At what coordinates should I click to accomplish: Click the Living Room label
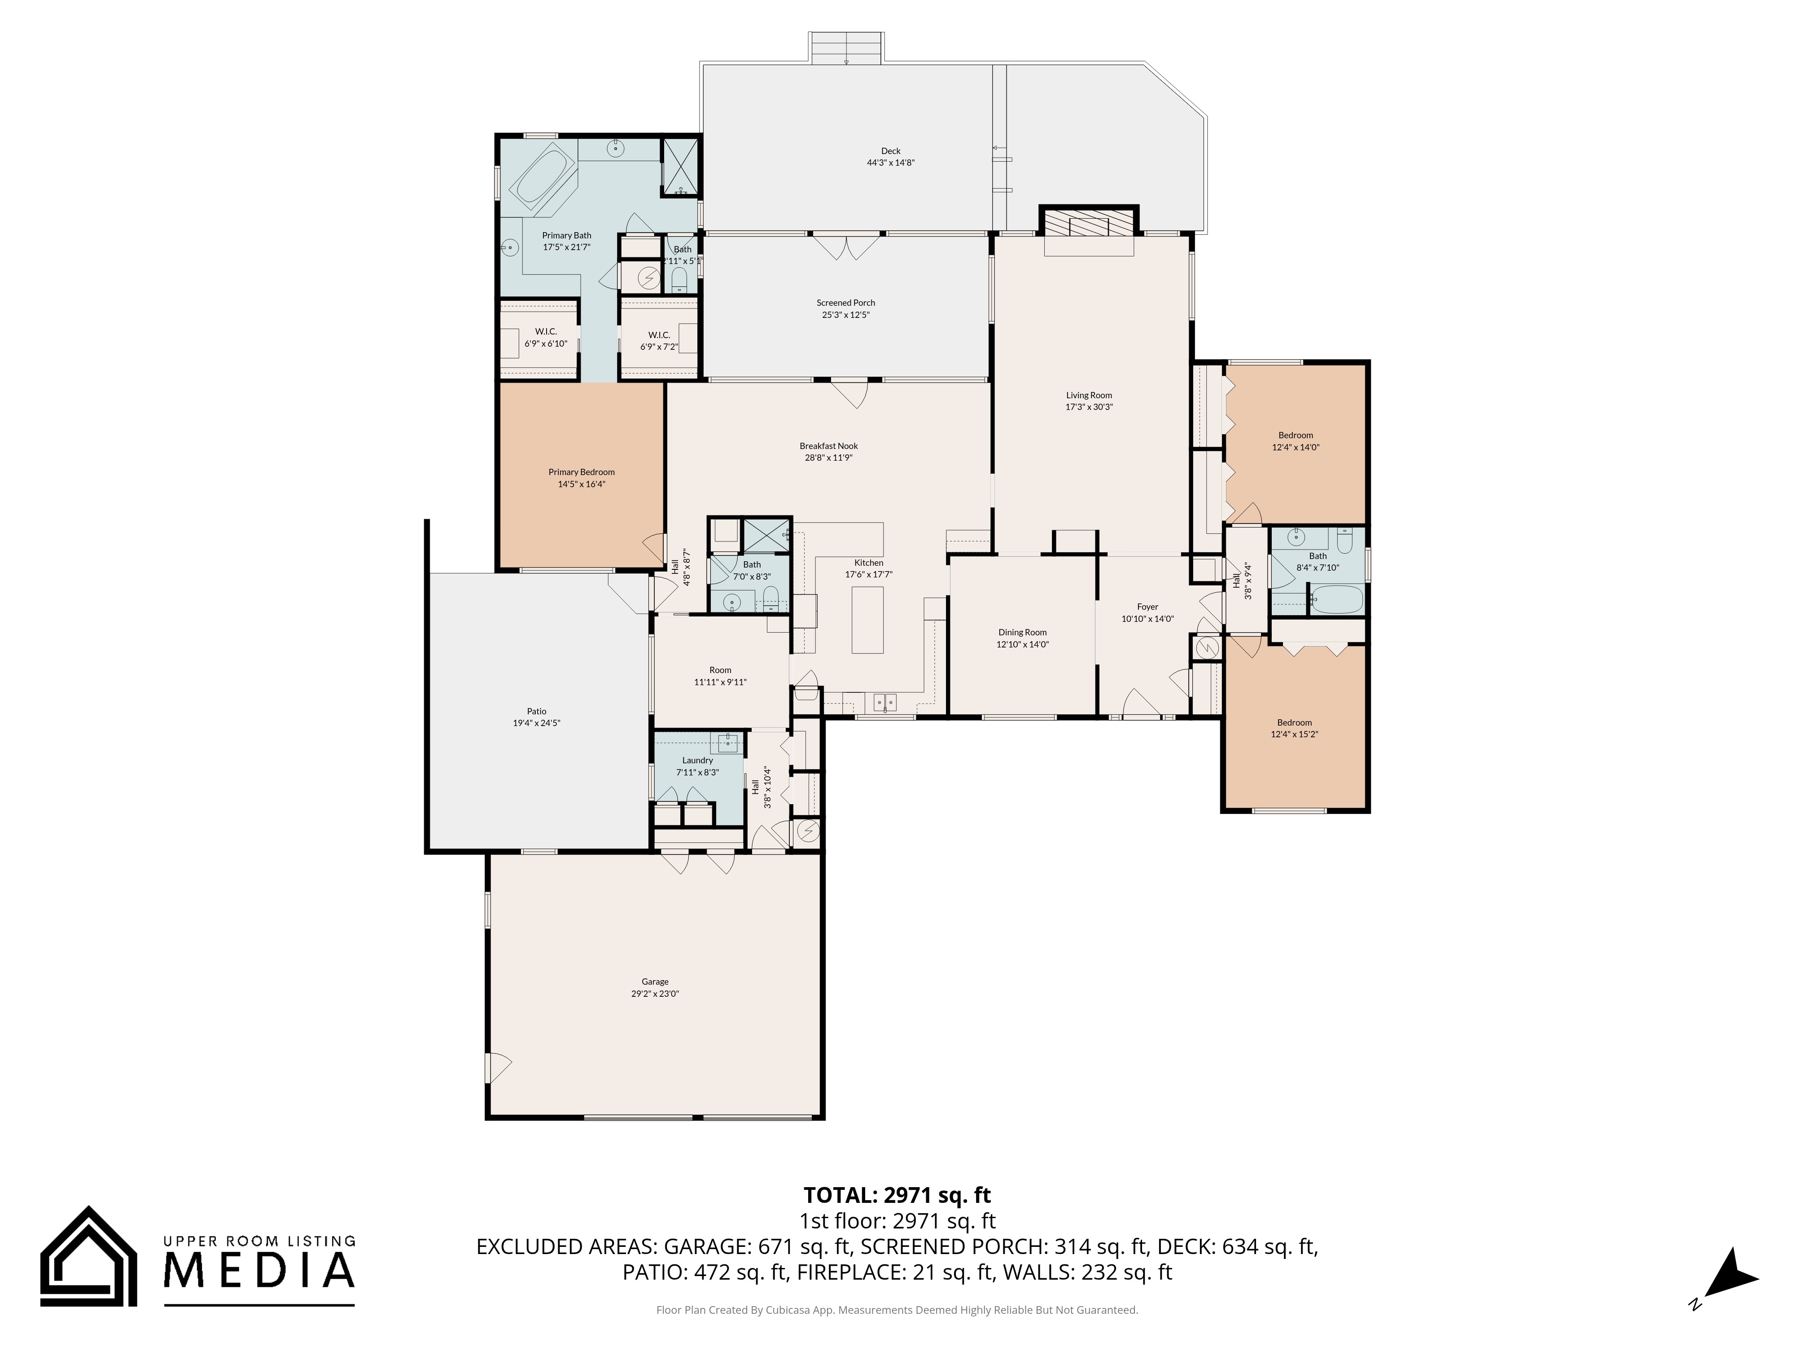[1088, 396]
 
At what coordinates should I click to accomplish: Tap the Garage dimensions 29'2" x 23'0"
[654, 993]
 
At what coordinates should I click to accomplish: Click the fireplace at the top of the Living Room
[1088, 223]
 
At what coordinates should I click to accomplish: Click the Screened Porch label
[845, 303]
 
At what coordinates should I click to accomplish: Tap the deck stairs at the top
[845, 48]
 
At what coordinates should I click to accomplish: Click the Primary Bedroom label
[581, 472]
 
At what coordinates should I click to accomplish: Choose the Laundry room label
[697, 761]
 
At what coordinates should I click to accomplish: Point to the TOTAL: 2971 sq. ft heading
[897, 1195]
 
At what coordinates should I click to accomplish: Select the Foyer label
[1147, 607]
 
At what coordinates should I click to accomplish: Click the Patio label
[536, 711]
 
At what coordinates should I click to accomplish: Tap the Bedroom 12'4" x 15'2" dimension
[1294, 734]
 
